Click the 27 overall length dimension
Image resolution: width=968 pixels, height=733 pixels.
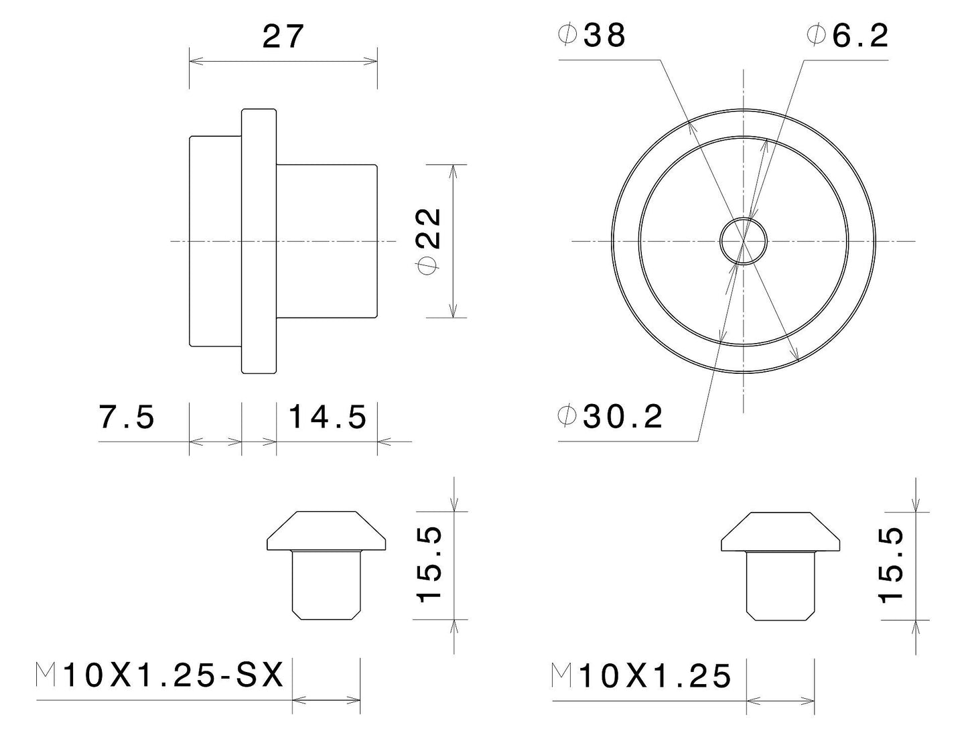click(283, 36)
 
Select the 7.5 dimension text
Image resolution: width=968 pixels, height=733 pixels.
click(127, 417)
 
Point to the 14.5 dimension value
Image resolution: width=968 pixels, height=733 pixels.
click(328, 417)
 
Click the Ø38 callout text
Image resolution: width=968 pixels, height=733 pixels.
click(592, 36)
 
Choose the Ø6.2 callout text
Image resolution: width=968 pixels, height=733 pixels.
click(848, 36)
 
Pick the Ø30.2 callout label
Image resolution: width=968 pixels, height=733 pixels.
click(610, 417)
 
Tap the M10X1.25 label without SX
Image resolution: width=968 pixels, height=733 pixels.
click(641, 677)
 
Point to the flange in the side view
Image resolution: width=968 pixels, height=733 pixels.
click(259, 241)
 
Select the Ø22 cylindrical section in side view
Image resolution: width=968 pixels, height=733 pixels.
click(326, 241)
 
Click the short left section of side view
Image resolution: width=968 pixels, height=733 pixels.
click(215, 241)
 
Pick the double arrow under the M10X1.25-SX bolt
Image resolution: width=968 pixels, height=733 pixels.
click(326, 701)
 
